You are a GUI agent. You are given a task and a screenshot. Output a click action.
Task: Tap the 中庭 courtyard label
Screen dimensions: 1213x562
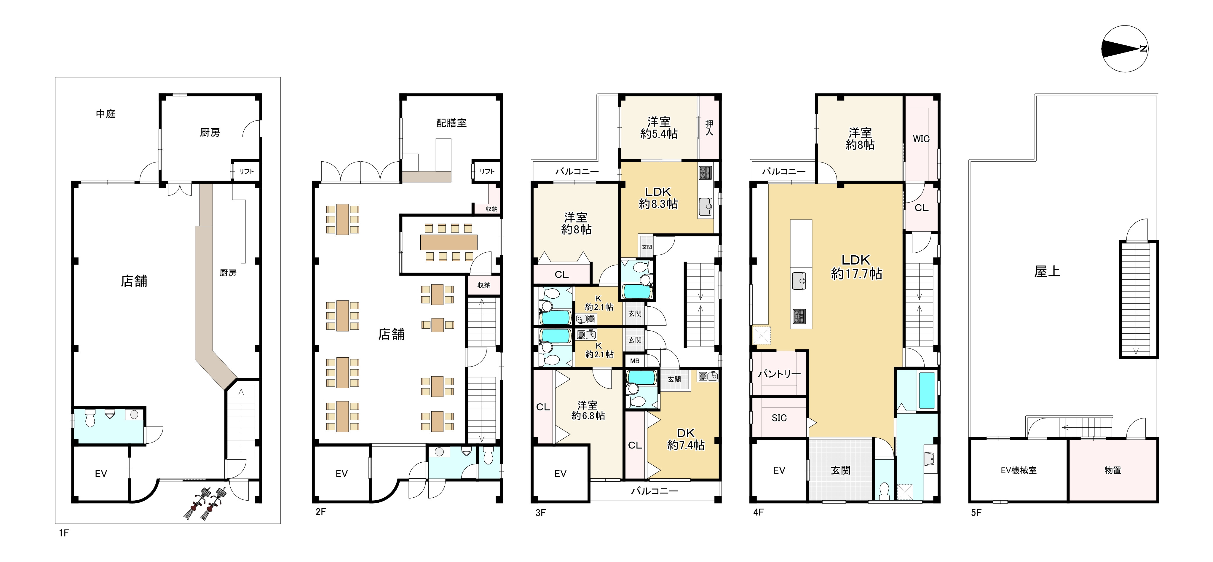point(106,114)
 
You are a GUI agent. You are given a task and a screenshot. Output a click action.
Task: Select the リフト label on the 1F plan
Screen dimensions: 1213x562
point(246,171)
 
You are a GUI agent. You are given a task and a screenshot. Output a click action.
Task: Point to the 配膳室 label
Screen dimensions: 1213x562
point(451,123)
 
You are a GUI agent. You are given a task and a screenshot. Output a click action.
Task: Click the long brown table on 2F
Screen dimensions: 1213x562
point(449,242)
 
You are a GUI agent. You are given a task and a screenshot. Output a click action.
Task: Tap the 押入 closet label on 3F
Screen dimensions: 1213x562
point(709,128)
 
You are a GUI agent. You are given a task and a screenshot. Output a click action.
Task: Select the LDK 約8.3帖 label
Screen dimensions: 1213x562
point(658,198)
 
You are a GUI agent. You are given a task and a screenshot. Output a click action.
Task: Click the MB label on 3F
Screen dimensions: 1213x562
point(635,361)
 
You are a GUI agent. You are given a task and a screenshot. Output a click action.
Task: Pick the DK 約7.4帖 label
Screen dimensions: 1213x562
point(686,439)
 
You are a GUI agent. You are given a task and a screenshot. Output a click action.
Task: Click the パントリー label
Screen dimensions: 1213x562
point(779,374)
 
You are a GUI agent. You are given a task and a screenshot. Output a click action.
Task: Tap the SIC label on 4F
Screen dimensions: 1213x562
point(779,418)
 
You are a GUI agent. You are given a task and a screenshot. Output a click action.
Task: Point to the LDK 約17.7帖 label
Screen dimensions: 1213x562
point(856,267)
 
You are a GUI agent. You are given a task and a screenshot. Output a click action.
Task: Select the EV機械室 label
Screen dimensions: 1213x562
point(1019,470)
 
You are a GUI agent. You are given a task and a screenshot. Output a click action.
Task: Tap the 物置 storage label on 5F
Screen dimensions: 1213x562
point(1113,470)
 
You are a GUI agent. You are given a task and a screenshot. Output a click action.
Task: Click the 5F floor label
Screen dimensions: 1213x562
point(976,512)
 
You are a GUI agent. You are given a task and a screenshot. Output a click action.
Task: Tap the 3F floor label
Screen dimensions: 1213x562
point(541,512)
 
